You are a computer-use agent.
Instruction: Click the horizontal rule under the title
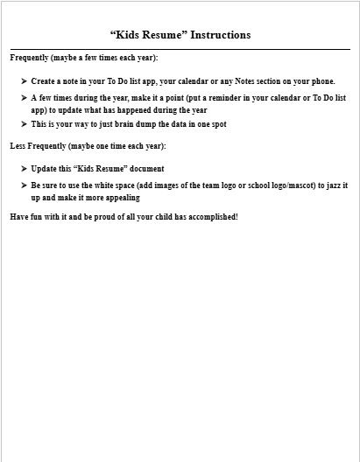point(180,49)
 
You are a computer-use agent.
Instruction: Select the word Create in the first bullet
point(45,80)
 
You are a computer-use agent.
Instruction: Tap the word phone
point(322,80)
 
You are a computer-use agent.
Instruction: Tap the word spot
point(217,124)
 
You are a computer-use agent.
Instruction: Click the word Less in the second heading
point(18,145)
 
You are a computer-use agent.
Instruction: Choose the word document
point(145,168)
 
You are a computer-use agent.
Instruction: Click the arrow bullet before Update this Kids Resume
point(24,168)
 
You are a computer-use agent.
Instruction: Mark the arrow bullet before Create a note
point(24,80)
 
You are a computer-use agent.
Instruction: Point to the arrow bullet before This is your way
point(24,124)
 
